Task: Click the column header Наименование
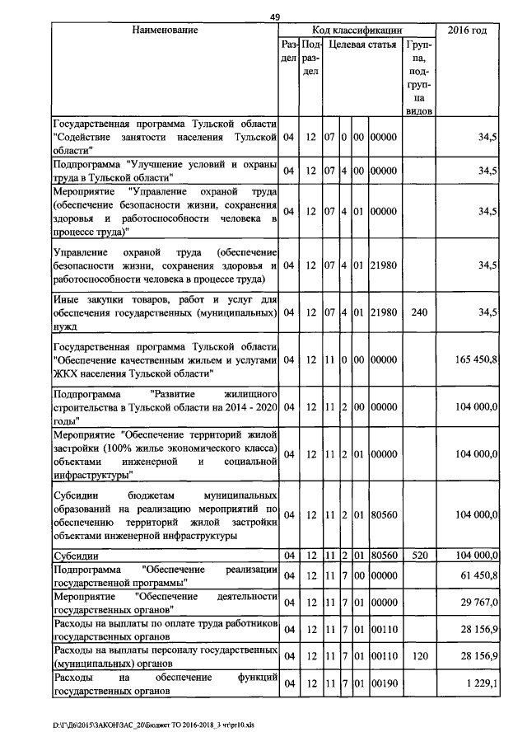pyautogui.click(x=165, y=30)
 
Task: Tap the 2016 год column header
pyautogui.click(x=467, y=30)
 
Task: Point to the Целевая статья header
pyautogui.click(x=362, y=44)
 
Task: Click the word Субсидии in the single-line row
pyautogui.click(x=76, y=556)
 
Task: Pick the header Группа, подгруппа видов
pyautogui.click(x=420, y=74)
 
